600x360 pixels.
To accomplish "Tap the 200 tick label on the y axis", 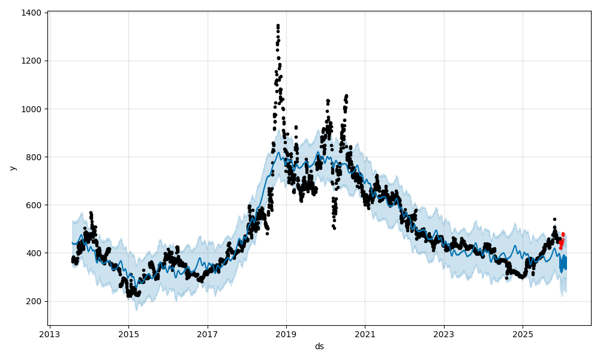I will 33,301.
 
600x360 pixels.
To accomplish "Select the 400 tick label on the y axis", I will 33,253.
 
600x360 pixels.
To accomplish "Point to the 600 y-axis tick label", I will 33,205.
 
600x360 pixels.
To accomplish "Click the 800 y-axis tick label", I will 33,157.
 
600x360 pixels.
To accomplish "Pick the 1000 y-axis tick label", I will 31,109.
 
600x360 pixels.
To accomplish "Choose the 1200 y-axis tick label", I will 31,61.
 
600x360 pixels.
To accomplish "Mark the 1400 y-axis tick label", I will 31,13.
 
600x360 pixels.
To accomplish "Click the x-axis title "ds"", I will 319,346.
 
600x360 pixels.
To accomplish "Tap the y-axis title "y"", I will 12,168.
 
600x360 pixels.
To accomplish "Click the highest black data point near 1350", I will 278,25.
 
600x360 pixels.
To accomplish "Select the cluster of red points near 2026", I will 562,240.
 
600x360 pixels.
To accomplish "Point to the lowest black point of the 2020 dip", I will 334,228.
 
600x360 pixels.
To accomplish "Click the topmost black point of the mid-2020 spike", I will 346,95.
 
